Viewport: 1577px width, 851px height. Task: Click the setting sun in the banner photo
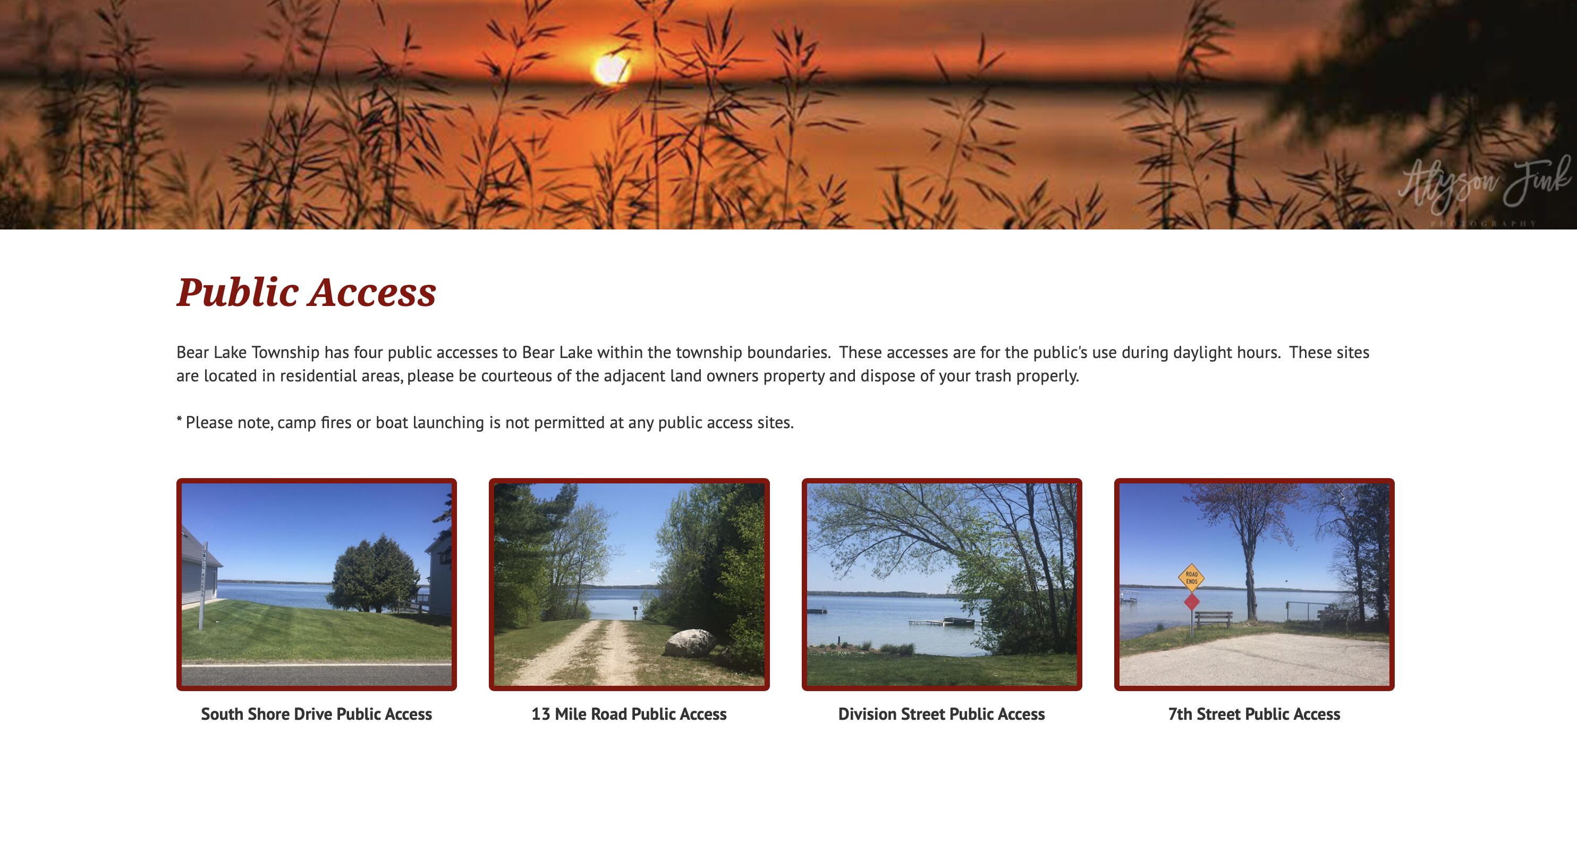pyautogui.click(x=610, y=69)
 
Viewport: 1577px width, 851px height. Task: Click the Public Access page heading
pyautogui.click(x=306, y=292)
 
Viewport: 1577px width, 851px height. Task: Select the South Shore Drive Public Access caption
pyautogui.click(x=317, y=714)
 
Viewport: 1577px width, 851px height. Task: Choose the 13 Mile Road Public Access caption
pyautogui.click(x=629, y=714)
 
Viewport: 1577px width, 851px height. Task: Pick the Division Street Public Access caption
pyautogui.click(x=942, y=714)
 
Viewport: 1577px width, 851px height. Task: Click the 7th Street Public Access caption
pyautogui.click(x=1254, y=714)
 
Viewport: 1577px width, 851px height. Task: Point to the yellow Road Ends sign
pyautogui.click(x=1191, y=577)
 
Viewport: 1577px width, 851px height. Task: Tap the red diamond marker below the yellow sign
pyautogui.click(x=1191, y=602)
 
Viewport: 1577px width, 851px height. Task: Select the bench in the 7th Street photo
pyautogui.click(x=1214, y=618)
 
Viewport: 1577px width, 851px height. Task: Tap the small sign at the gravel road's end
pyautogui.click(x=635, y=609)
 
